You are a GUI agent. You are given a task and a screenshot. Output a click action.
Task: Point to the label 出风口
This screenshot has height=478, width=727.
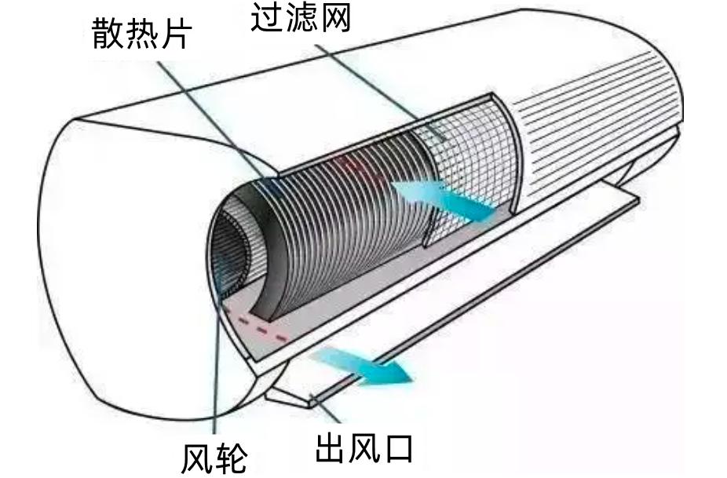[364, 449]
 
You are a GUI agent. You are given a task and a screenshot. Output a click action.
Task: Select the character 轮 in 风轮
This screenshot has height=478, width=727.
[232, 458]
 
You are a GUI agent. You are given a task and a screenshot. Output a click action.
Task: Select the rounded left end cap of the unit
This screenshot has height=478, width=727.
[118, 259]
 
